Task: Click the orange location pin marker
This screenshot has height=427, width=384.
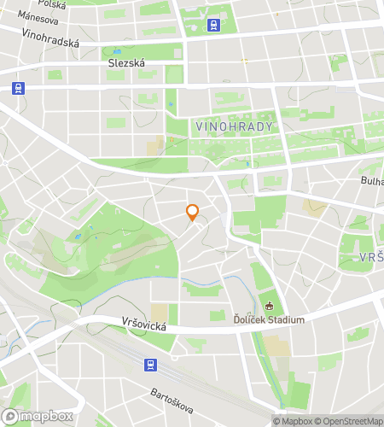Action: coord(193,212)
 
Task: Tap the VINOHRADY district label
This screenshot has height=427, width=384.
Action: coord(234,126)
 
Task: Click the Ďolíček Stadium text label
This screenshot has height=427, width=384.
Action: coord(270,320)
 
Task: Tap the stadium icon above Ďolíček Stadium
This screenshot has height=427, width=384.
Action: coord(270,307)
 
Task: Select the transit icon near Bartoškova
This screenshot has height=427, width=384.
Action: coord(150,365)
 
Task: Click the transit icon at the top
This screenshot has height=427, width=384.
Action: coord(212,26)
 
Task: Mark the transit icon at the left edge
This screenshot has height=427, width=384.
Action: coord(17,87)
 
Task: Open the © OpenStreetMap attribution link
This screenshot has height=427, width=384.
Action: coord(350,421)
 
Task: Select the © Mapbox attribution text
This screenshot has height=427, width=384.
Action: coord(293,421)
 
